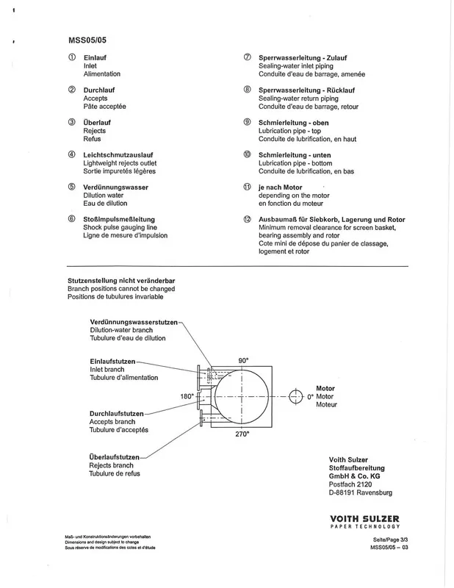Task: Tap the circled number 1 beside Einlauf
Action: tap(71, 57)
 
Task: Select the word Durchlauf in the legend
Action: tap(101, 90)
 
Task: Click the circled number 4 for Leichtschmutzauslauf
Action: tap(71, 155)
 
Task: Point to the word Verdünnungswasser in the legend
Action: tap(116, 187)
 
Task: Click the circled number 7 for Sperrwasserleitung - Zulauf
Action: tap(248, 57)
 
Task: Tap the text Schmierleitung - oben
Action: tap(295, 122)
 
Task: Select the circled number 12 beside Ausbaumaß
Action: tap(248, 220)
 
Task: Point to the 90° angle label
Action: tap(244, 359)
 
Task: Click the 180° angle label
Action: tap(187, 396)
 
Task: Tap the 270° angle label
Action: tap(242, 434)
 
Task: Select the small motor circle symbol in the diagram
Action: tap(296, 396)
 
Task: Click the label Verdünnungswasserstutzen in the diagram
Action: tap(134, 323)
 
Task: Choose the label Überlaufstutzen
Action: tap(114, 457)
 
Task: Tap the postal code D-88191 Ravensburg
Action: tap(361, 492)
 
